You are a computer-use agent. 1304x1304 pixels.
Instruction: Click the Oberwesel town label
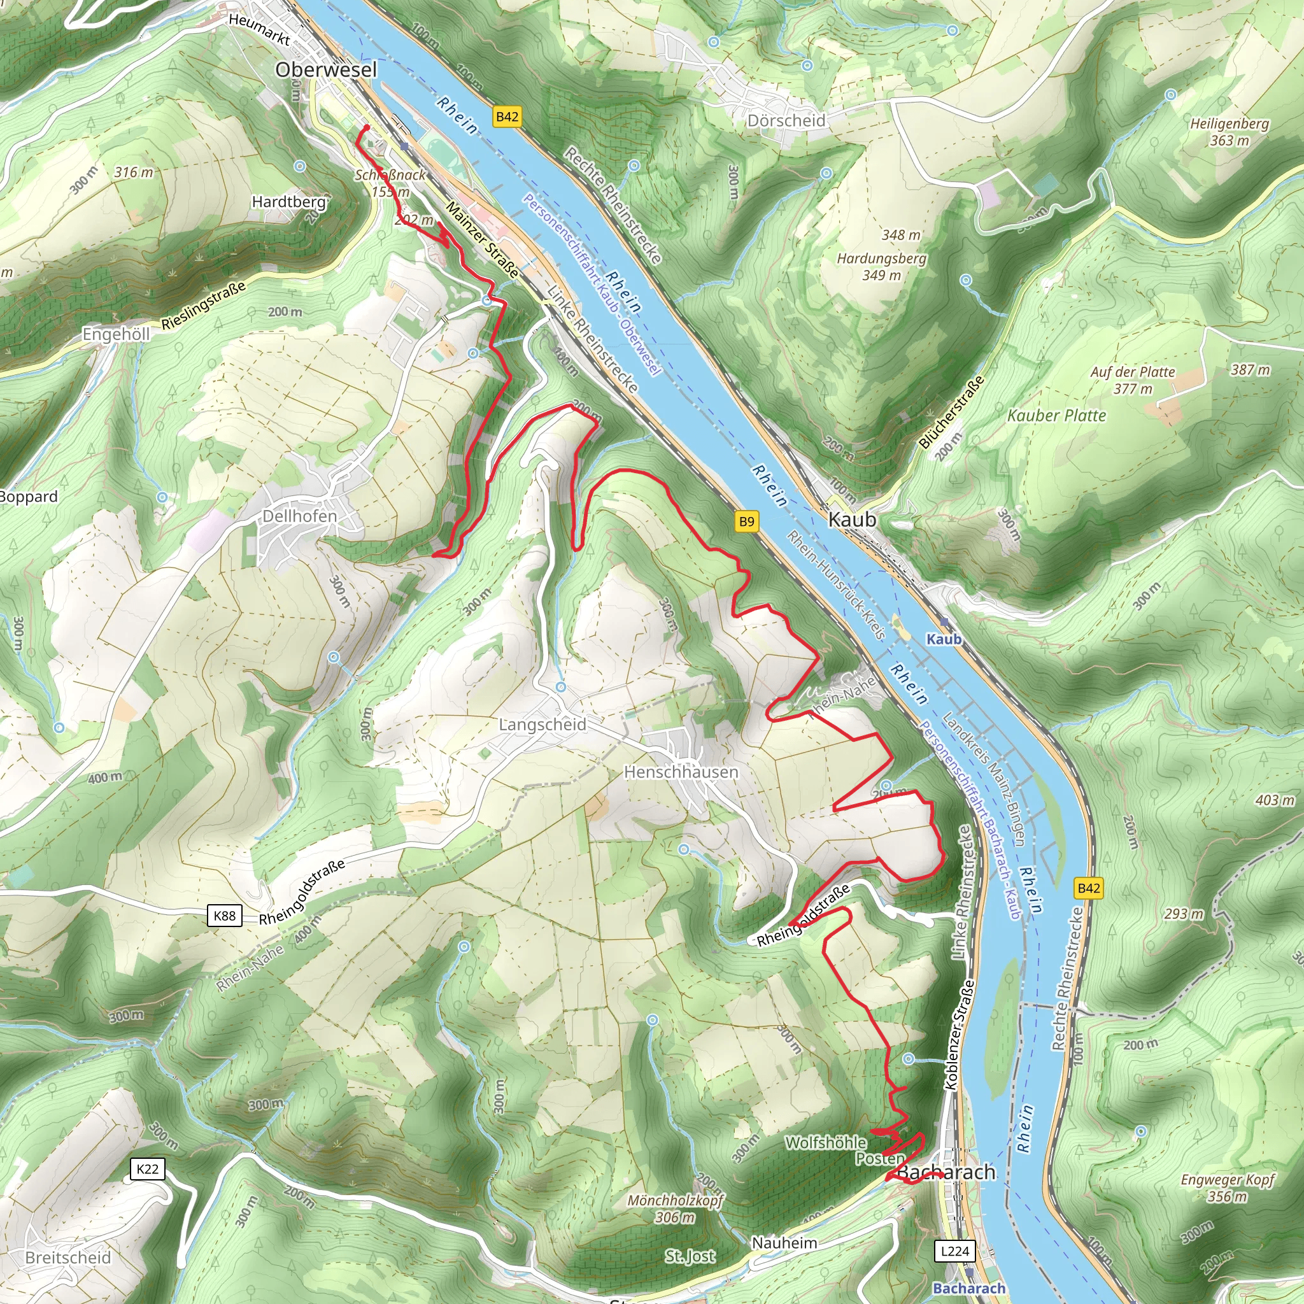325,69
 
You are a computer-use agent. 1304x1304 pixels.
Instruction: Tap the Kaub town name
852,519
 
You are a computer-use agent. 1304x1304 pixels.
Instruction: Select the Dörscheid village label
786,120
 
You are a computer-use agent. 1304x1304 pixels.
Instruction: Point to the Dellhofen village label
299,516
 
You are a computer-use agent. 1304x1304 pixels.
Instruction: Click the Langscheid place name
542,724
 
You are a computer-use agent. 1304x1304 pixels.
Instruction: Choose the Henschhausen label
681,772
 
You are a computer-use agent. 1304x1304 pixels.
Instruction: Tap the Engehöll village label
115,334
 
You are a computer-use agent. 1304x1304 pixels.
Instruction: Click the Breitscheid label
67,1258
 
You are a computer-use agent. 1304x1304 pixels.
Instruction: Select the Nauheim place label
784,1243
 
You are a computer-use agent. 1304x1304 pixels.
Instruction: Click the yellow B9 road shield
746,521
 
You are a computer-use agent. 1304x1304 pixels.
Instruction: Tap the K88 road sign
224,915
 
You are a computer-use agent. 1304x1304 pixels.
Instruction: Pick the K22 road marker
147,1169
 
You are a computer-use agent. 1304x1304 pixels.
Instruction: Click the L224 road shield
954,1251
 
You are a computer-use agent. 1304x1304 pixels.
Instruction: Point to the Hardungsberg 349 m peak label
881,267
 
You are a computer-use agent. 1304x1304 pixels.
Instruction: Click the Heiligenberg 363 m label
1229,132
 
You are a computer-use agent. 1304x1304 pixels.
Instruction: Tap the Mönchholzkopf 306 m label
675,1208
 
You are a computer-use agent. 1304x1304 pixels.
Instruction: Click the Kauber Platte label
1056,415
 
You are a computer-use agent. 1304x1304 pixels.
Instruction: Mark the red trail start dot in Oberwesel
366,127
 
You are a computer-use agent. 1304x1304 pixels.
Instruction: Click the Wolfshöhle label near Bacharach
825,1143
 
